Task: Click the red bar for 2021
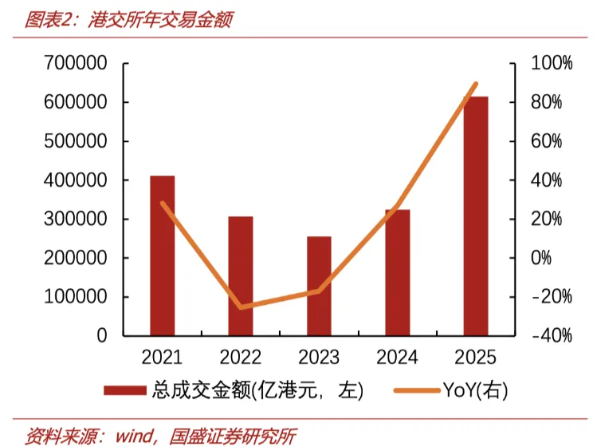[163, 255]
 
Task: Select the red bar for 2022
[241, 276]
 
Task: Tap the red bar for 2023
[319, 286]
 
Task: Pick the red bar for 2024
[398, 272]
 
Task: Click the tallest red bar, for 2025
[476, 216]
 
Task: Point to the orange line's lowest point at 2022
[241, 307]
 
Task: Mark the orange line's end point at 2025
[476, 84]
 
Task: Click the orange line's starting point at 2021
[163, 204]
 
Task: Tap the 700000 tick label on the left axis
[76, 63]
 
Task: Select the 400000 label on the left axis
[76, 180]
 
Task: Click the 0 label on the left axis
[102, 335]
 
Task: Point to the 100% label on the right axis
[552, 63]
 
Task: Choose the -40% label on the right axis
[552, 335]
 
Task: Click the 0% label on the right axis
[541, 258]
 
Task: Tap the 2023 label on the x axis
[319, 358]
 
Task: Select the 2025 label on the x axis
[475, 358]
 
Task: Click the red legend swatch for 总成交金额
[125, 390]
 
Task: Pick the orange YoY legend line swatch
[417, 390]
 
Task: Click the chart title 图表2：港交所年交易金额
[129, 20]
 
